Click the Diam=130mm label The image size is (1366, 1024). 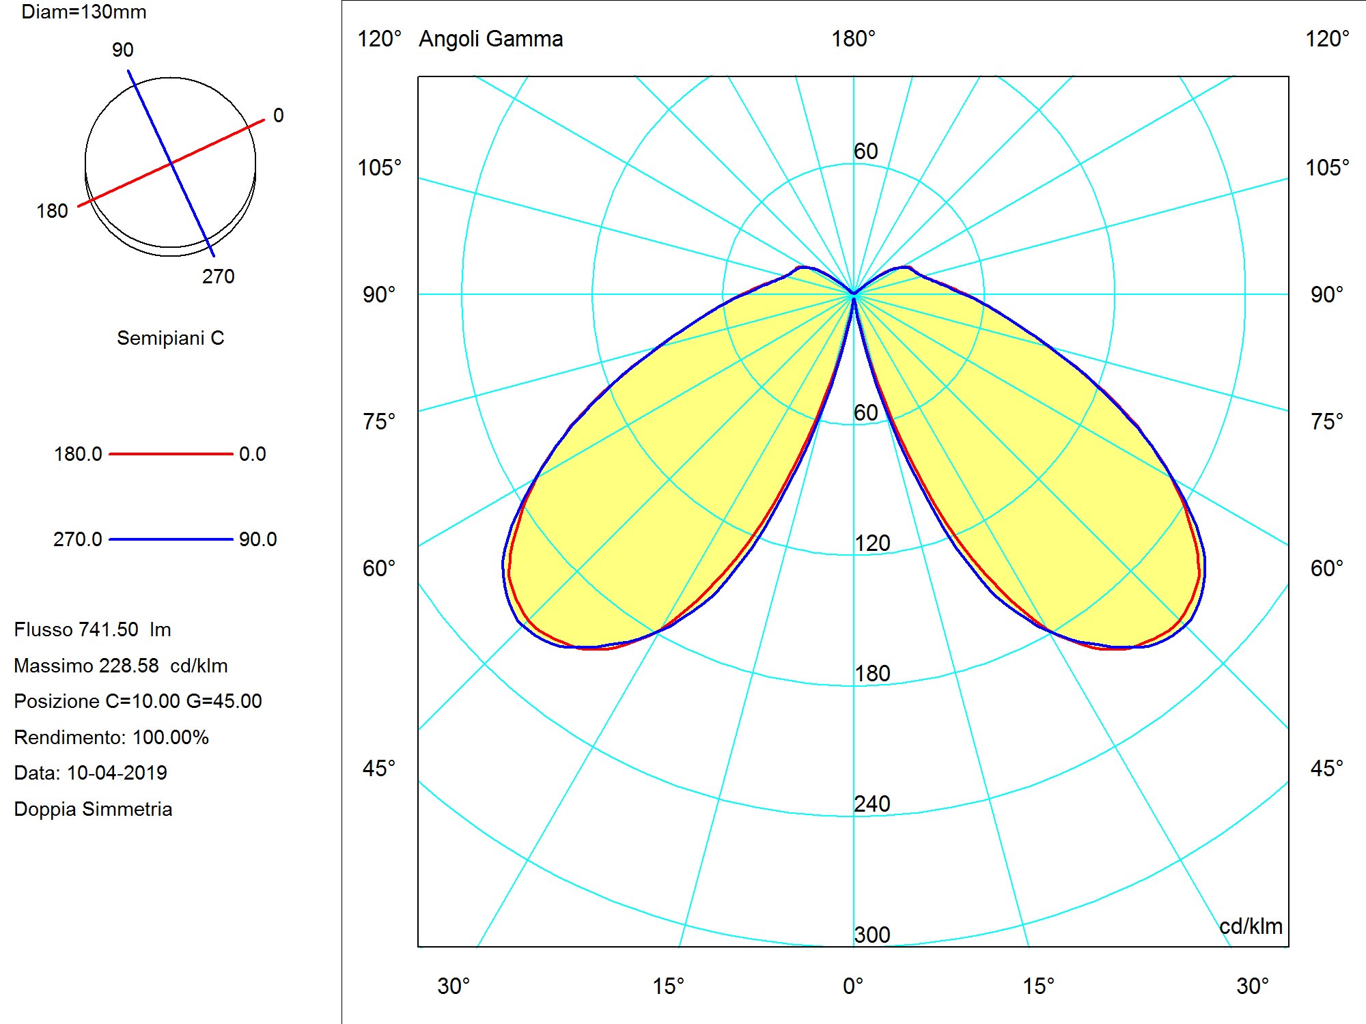pyautogui.click(x=84, y=12)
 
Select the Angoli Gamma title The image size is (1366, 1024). pyautogui.click(x=490, y=39)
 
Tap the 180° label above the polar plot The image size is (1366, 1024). pyautogui.click(x=853, y=39)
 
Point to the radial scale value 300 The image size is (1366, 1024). pyautogui.click(x=872, y=935)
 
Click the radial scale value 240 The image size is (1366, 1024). pyautogui.click(x=872, y=804)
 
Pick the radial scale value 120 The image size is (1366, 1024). pyautogui.click(x=872, y=543)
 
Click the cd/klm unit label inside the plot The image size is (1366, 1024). pyautogui.click(x=1251, y=926)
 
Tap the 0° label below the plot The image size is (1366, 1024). pyautogui.click(x=853, y=986)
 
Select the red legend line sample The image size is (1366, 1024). pyautogui.click(x=171, y=454)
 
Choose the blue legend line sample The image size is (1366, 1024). pyautogui.click(x=171, y=539)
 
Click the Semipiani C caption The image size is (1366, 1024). pyautogui.click(x=171, y=338)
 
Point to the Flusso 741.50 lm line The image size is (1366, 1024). pyautogui.click(x=92, y=629)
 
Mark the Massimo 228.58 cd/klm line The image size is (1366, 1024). pyautogui.click(x=121, y=666)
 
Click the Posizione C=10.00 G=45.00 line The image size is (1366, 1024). pyautogui.click(x=138, y=701)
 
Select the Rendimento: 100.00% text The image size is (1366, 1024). pyautogui.click(x=111, y=737)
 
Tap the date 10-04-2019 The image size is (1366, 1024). pyautogui.click(x=117, y=773)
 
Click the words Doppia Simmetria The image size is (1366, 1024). pyautogui.click(x=93, y=809)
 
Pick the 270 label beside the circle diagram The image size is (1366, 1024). pyautogui.click(x=218, y=276)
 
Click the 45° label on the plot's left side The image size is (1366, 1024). pyautogui.click(x=379, y=769)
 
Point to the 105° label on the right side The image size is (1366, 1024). pyautogui.click(x=1327, y=168)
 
